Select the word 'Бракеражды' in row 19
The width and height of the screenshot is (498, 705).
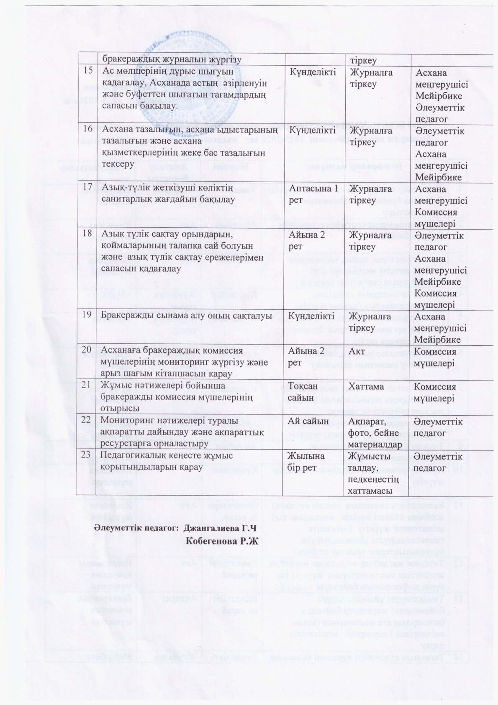(x=125, y=316)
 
